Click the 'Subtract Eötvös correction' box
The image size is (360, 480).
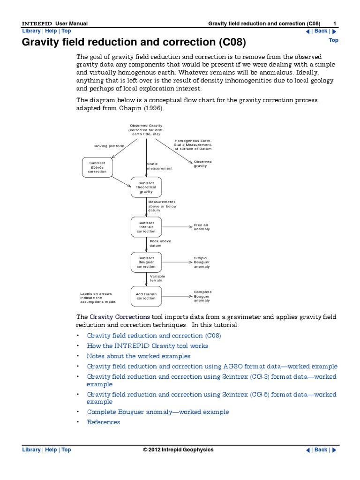pos(97,167)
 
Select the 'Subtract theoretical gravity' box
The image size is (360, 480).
pos(146,187)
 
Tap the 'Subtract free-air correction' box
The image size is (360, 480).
pos(146,227)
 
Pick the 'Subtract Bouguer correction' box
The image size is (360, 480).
pos(146,262)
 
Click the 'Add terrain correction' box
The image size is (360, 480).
pos(146,296)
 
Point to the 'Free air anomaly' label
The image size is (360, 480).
pos(202,227)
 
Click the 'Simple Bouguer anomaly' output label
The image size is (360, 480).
pos(202,262)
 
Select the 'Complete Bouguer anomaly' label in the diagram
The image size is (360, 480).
pos(202,296)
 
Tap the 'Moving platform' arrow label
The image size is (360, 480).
pos(109,146)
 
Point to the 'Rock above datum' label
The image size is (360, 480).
pos(160,243)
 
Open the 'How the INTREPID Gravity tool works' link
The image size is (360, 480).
pos(148,346)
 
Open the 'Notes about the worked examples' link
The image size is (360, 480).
pos(139,356)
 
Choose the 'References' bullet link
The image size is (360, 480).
pos(104,422)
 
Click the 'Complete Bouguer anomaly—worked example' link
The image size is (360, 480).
pos(158,412)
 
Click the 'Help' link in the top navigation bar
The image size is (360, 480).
pos(51,31)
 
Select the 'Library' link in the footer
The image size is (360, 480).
pos(31,450)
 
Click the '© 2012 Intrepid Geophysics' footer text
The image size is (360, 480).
pos(178,450)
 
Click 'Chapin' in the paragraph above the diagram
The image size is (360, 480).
pos(129,108)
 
